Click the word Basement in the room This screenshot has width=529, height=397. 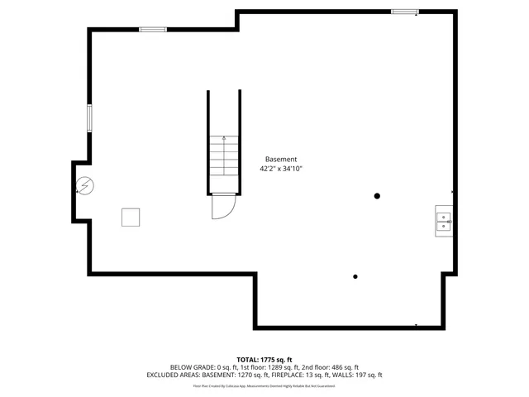(x=280, y=159)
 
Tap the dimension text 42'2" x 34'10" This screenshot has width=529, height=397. (x=281, y=169)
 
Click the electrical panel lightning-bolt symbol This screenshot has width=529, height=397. (x=85, y=187)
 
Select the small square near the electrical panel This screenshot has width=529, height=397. (x=131, y=217)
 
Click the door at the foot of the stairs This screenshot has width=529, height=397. (x=223, y=206)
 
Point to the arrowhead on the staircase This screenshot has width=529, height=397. (x=223, y=140)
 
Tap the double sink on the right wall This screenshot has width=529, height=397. (x=444, y=221)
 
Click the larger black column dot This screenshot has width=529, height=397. (x=377, y=196)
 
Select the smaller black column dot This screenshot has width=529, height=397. (x=355, y=276)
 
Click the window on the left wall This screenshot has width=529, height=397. (x=90, y=117)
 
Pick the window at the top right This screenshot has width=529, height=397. (x=404, y=12)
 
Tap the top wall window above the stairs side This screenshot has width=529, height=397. (x=153, y=30)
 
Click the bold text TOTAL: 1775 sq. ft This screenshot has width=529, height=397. (x=264, y=359)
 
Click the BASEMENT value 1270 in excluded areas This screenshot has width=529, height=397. (x=245, y=375)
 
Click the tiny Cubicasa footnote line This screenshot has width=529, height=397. (x=264, y=385)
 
